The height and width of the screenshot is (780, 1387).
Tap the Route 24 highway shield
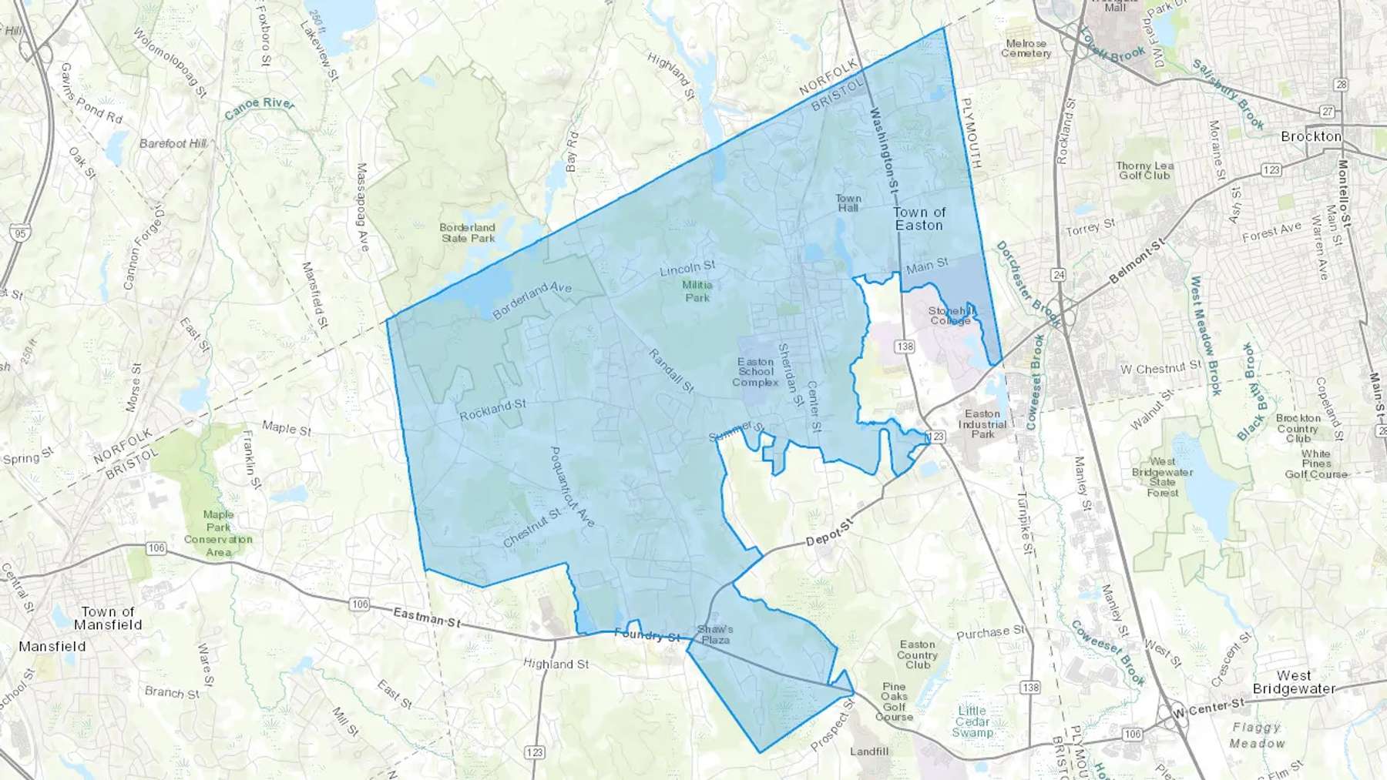point(1060,274)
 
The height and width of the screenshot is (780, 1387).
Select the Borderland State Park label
point(468,233)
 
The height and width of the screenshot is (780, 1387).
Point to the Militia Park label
point(697,291)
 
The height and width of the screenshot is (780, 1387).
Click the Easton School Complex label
point(755,372)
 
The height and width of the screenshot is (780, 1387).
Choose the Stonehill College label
point(951,316)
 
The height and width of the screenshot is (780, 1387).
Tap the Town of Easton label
point(919,219)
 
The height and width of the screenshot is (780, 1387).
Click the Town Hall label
point(848,203)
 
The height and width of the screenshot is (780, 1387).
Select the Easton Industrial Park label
point(982,424)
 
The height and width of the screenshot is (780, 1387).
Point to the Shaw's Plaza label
point(714,634)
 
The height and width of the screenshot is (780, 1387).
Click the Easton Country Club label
point(917,654)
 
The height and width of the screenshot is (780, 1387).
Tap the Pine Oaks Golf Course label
point(894,701)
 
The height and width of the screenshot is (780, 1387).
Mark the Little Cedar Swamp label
point(972,721)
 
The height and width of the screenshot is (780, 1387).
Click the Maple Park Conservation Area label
point(218,533)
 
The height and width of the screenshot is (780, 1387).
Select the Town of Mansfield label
point(108,618)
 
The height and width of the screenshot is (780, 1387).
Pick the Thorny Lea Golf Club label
point(1145,170)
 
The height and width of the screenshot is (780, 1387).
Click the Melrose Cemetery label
point(1026,49)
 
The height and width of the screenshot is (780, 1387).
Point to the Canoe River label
point(260,109)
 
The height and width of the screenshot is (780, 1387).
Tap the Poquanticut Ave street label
point(572,487)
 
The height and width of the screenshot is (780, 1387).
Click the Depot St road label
point(831,533)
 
